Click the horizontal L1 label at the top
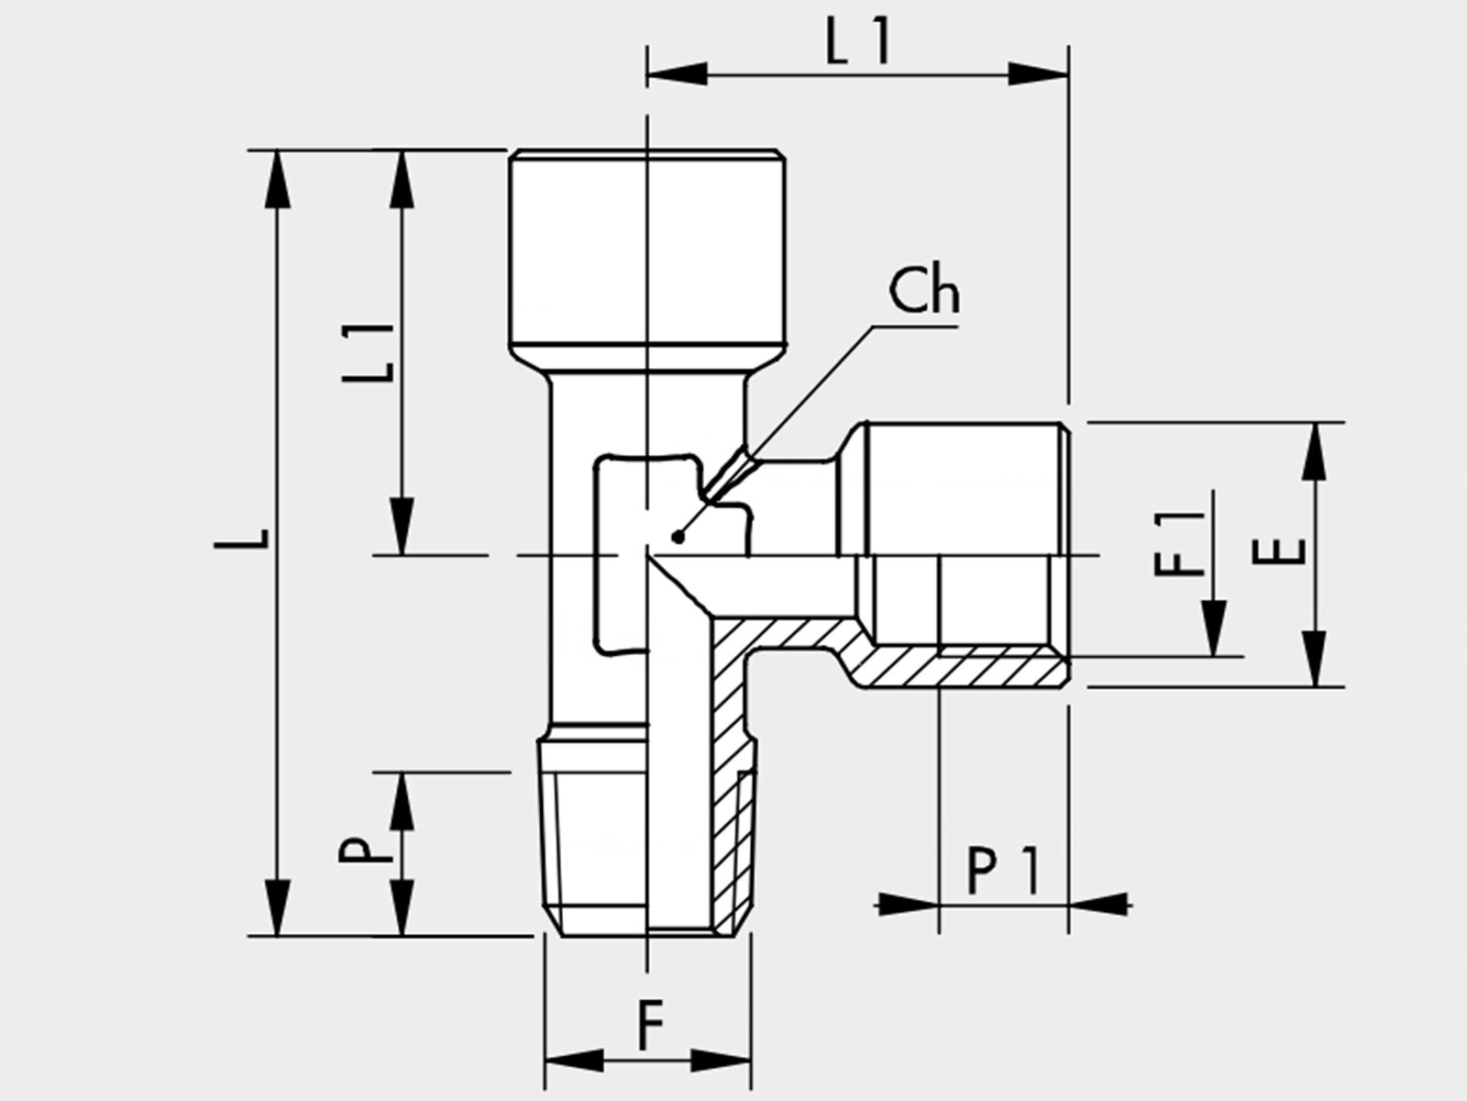click(x=857, y=40)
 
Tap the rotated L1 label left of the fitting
click(x=369, y=352)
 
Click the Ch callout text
click(x=924, y=292)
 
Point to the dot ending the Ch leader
click(x=678, y=536)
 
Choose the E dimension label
click(x=1278, y=552)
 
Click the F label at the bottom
click(x=650, y=1026)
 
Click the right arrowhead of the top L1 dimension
click(x=1038, y=73)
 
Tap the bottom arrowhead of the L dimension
click(x=278, y=908)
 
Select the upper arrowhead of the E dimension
click(x=1315, y=451)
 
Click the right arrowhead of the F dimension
click(x=721, y=1060)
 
